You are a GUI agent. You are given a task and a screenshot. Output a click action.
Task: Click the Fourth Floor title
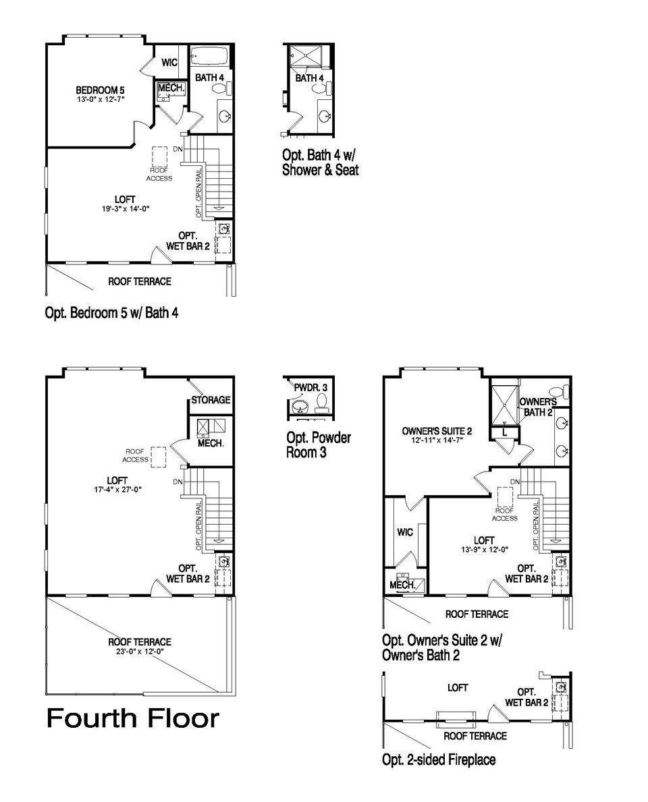tap(132, 718)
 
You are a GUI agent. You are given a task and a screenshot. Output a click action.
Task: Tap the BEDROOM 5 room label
tap(100, 90)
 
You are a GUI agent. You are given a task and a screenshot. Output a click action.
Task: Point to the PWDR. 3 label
tap(310, 388)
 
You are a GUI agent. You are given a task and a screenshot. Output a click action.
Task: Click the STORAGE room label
tap(211, 400)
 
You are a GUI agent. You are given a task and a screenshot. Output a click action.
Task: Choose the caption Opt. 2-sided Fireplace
tap(439, 760)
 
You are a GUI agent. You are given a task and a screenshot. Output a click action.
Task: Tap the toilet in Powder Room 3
tap(321, 402)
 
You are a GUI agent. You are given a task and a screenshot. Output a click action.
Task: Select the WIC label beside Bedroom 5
tap(169, 63)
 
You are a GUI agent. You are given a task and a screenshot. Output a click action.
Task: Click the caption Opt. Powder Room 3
tap(318, 445)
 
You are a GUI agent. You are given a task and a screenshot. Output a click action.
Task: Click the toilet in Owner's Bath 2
tap(558, 391)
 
